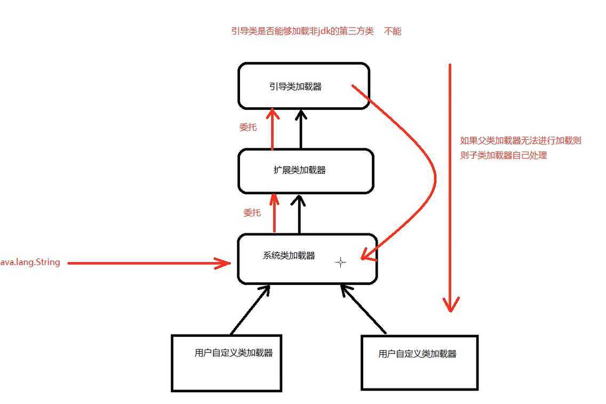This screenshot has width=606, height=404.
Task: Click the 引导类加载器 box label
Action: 296,86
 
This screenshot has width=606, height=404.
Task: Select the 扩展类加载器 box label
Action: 299,170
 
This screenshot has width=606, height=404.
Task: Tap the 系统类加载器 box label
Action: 289,255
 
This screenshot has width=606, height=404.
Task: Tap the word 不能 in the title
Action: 393,31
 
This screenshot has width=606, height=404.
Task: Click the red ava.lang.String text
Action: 30,262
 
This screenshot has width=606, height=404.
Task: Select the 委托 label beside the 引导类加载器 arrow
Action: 248,128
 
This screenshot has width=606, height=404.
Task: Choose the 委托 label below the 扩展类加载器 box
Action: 252,212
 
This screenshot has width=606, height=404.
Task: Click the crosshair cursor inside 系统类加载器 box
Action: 340,262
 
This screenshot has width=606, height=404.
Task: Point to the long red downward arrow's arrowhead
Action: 451,305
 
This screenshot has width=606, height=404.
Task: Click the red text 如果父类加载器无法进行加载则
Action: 520,141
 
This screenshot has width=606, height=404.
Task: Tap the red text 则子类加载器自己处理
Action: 504,156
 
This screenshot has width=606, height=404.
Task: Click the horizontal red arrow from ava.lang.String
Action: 149,262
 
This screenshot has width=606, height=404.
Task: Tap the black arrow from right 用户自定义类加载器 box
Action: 364,310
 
